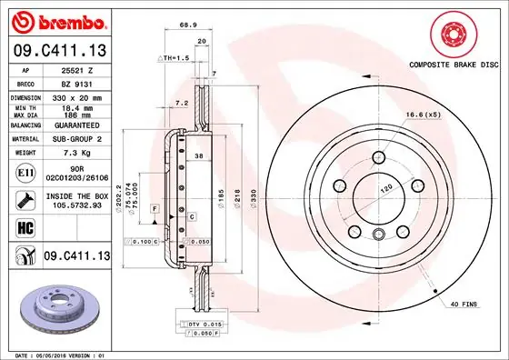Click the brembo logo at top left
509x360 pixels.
56,20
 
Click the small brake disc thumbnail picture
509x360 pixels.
55,306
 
